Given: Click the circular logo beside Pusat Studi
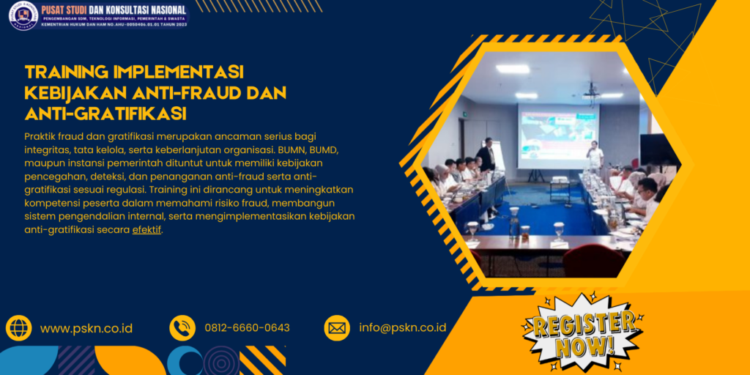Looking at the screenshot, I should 23,15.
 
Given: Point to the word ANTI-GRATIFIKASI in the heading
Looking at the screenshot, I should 105,114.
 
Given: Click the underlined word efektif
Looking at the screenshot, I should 146,229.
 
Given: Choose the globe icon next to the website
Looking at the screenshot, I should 18,327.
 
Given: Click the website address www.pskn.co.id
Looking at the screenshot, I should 86,328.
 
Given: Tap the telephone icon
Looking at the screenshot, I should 182,327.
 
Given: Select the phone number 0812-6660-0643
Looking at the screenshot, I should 247,328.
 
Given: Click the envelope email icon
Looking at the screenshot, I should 337,327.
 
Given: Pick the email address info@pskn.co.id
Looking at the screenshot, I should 403,328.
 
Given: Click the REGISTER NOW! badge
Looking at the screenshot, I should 582,333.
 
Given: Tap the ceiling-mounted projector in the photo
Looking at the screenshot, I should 591,92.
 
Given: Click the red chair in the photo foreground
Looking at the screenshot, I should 593,260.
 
